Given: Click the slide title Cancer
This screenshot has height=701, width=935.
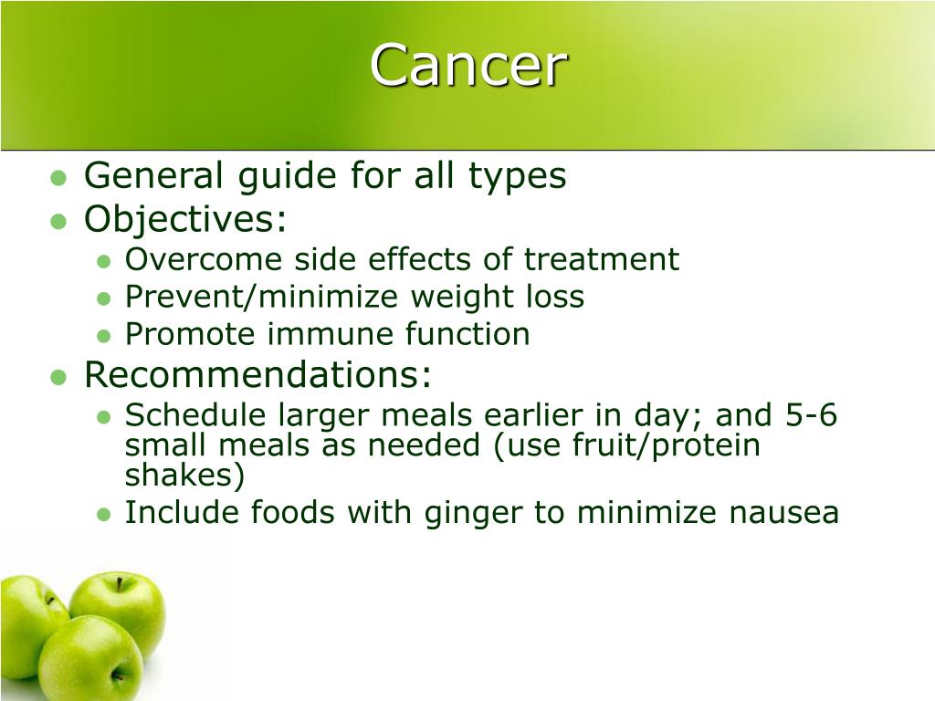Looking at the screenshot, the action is [x=468, y=66].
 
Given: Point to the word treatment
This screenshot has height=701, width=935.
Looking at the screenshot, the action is [x=601, y=259].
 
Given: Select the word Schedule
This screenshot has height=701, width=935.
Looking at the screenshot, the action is [x=196, y=415].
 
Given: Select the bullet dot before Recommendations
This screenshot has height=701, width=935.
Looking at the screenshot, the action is [x=58, y=377].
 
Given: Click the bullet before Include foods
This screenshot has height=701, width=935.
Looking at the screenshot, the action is [x=104, y=515].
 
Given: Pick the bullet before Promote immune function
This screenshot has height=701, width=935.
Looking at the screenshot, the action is [x=104, y=336].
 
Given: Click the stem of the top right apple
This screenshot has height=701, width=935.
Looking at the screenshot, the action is [x=119, y=583].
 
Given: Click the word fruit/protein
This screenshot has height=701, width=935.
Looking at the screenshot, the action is [x=666, y=445].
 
